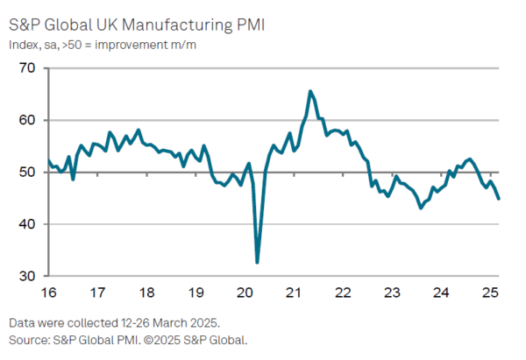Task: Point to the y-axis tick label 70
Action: pyautogui.click(x=25, y=68)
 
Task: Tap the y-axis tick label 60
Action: pyautogui.click(x=25, y=120)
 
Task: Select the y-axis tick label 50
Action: pyautogui.click(x=25, y=173)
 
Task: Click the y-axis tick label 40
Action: pyautogui.click(x=25, y=224)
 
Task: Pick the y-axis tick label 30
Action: pyautogui.click(x=25, y=276)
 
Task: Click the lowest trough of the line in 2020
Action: pyautogui.click(x=257, y=262)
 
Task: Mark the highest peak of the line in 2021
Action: pyautogui.click(x=310, y=91)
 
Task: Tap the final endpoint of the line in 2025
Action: pyautogui.click(x=499, y=199)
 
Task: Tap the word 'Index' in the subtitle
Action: pyautogui.click(x=24, y=44)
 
